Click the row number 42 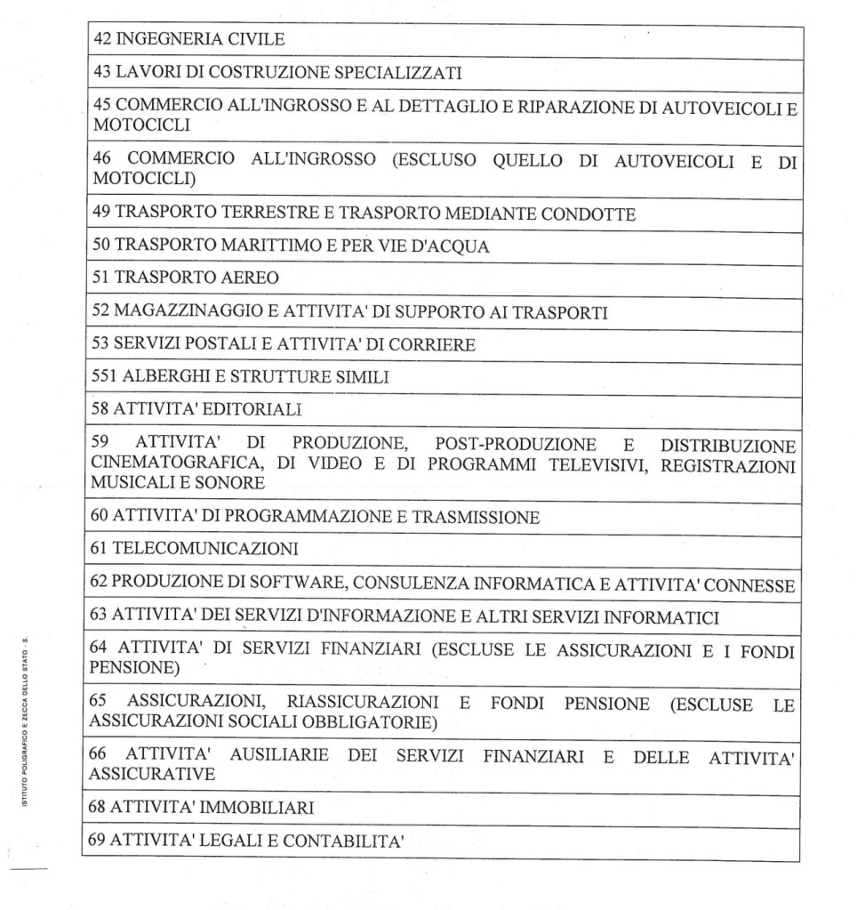coord(100,40)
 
